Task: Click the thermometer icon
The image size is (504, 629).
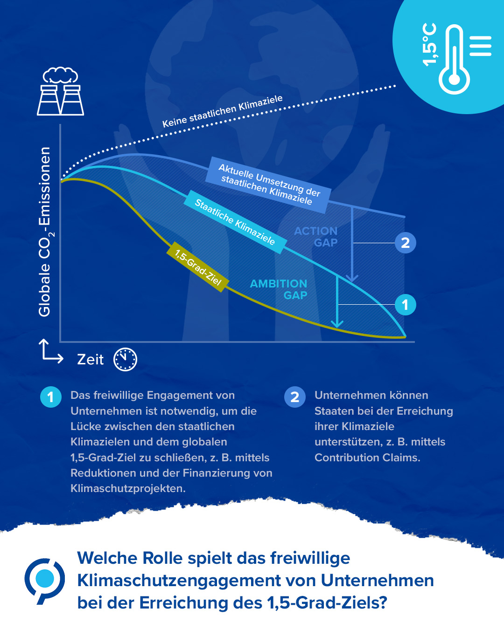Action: pos(454,59)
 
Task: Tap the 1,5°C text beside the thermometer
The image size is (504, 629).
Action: pos(429,44)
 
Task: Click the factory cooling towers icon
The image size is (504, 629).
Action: pos(60,91)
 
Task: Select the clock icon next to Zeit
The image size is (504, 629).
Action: pos(125,359)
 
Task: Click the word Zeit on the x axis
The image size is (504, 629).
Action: pos(90,360)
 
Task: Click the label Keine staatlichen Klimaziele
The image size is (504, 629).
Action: pos(223,111)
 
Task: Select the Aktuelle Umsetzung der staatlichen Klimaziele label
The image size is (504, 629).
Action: pos(268,185)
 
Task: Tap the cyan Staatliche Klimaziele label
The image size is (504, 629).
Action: pos(235,222)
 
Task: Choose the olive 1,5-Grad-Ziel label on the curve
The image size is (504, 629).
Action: pos(198,267)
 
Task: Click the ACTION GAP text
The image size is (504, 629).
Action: pos(315,237)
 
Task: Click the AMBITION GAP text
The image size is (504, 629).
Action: pos(279,289)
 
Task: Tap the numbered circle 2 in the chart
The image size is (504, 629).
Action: pos(406,243)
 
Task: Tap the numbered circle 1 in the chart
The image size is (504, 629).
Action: pos(406,305)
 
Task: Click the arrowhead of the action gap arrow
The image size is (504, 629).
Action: pos(352,278)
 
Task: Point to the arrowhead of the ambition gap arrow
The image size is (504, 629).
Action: pos(337,324)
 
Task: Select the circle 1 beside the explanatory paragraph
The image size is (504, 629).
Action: pos(51,397)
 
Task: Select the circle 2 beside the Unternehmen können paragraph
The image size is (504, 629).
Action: pos(295,397)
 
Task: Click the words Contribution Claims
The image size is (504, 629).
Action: pos(367,458)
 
